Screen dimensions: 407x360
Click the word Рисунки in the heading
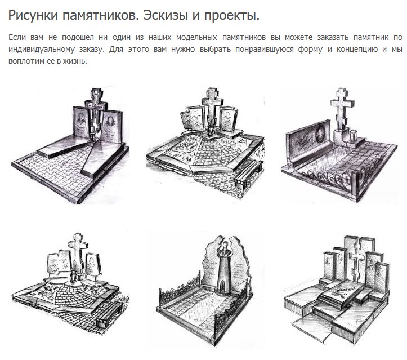tap(33, 16)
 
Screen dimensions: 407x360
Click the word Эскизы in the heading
tap(166, 16)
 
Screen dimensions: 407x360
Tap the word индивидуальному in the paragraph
tap(42, 49)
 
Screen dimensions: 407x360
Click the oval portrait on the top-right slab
tap(320, 134)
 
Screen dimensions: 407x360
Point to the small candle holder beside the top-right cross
tap(352, 135)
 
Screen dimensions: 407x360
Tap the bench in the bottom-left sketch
tap(109, 315)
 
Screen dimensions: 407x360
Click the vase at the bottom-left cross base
tap(74, 275)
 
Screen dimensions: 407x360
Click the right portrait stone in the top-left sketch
tap(112, 127)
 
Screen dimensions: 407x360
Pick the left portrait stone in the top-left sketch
tap(81, 122)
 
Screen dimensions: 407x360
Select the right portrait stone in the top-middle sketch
tap(228, 120)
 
